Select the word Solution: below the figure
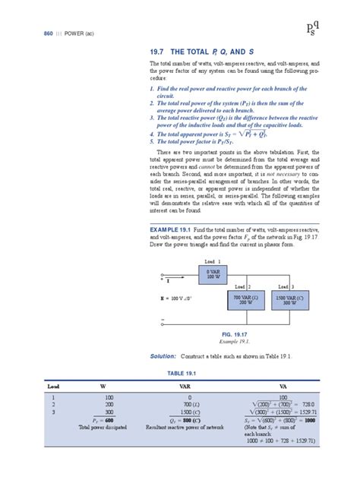157,355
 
